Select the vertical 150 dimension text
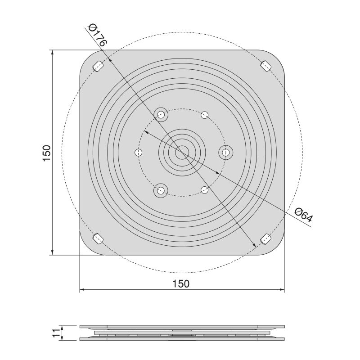[46, 153]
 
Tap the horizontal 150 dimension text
[181, 283]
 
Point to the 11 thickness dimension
[55, 333]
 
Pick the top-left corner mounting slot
[98, 66]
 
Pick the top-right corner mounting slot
[265, 66]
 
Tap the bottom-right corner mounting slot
[265, 238]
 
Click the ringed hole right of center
[225, 153]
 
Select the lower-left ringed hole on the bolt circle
[160, 191]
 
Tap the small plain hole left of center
[139, 153]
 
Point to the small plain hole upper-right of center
[204, 115]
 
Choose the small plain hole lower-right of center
[204, 190]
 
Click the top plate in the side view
[182, 326]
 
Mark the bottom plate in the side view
[182, 339]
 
